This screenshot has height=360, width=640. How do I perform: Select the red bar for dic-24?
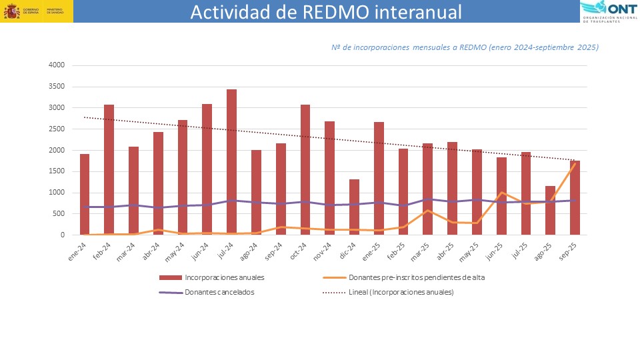click(x=354, y=207)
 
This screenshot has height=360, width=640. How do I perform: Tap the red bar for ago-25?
click(x=550, y=210)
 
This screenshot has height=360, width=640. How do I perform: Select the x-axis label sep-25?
click(x=569, y=249)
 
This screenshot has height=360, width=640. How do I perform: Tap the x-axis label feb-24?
click(x=103, y=249)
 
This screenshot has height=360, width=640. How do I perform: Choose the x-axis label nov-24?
click(x=323, y=249)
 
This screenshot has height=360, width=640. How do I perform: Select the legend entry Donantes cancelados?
click(x=217, y=292)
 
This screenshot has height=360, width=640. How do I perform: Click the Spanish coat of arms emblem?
click(x=11, y=11)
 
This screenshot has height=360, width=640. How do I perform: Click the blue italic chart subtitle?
click(x=465, y=47)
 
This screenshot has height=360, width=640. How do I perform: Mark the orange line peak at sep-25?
click(x=575, y=163)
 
